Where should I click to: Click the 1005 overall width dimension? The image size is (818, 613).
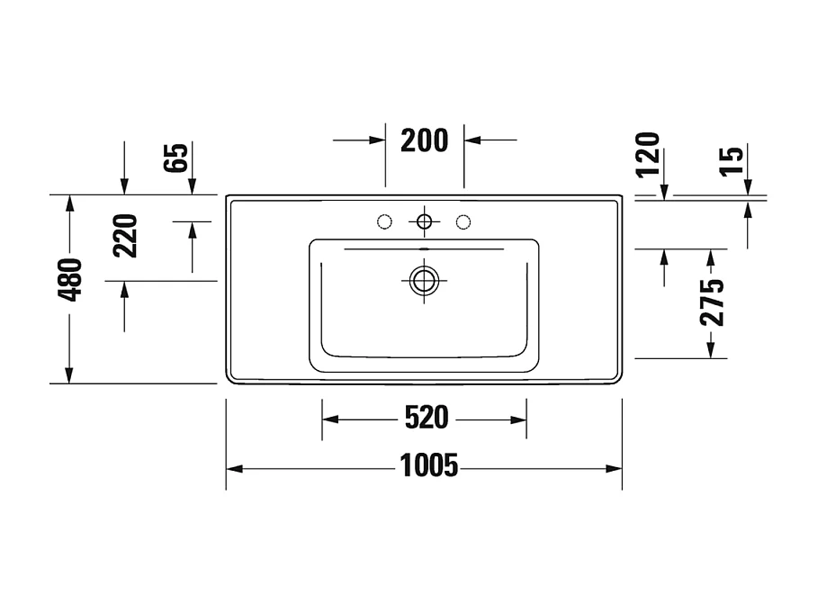(x=428, y=466)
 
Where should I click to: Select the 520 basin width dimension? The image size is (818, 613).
(x=426, y=419)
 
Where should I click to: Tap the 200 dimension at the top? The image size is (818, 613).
(x=424, y=140)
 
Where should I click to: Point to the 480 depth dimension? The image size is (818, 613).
(x=70, y=280)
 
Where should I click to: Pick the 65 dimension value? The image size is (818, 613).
(x=177, y=158)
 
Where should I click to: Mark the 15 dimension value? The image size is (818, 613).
(x=733, y=160)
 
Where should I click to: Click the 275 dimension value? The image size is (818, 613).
(x=712, y=302)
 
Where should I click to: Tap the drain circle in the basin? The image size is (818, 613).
(x=423, y=280)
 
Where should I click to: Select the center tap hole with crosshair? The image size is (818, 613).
(x=423, y=221)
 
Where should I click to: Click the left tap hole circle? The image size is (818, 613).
(x=383, y=221)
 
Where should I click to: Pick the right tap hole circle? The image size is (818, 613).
(x=463, y=221)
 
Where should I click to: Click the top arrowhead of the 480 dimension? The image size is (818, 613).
(x=69, y=203)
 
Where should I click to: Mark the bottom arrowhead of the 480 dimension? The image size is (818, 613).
(x=69, y=375)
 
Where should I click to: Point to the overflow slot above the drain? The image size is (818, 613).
(x=423, y=247)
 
